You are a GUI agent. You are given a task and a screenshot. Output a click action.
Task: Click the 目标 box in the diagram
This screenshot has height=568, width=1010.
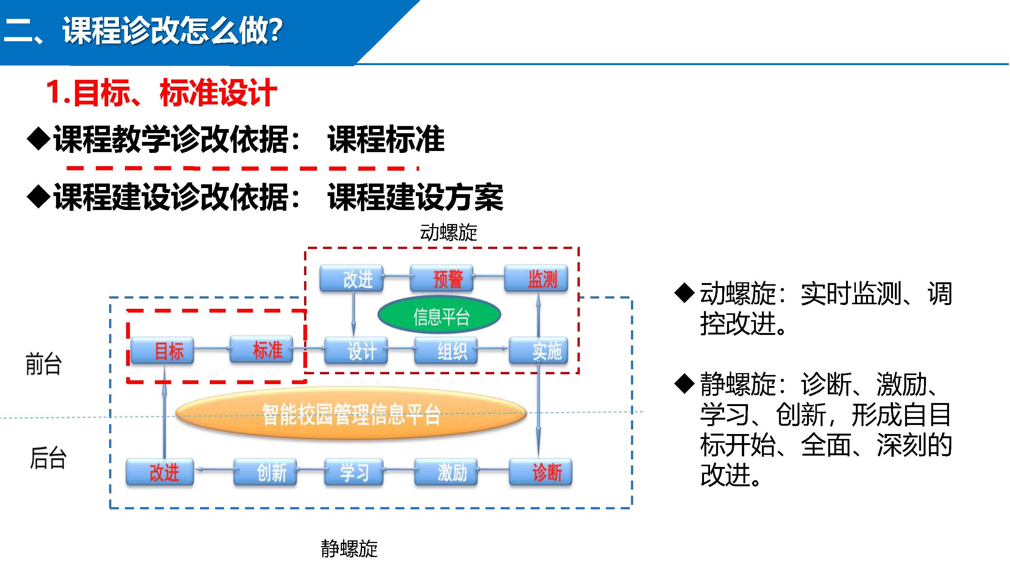(x=162, y=350)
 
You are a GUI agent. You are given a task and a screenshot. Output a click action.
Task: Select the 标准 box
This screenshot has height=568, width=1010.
(x=261, y=349)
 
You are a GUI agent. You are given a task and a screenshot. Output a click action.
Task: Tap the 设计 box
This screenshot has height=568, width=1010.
(x=356, y=350)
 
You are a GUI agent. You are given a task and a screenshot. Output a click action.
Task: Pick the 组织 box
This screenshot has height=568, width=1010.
(x=446, y=350)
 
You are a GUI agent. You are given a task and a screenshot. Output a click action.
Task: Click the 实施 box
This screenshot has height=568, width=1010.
(x=539, y=350)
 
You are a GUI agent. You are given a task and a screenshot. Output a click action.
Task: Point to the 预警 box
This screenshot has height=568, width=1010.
(x=442, y=279)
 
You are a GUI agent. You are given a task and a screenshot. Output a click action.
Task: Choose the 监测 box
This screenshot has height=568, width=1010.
(x=536, y=279)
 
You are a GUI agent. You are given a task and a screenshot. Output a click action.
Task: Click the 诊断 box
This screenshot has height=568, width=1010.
(x=541, y=472)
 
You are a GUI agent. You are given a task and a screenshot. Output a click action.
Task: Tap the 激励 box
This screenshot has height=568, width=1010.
(x=446, y=472)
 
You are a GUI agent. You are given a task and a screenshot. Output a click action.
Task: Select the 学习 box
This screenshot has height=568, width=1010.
(x=354, y=472)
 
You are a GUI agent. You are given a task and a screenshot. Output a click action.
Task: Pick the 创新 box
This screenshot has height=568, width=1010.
(x=265, y=472)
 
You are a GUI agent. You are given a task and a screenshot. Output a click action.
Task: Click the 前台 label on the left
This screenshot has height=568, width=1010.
(x=44, y=364)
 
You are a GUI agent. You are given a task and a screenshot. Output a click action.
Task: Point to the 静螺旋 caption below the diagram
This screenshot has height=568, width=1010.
(x=349, y=548)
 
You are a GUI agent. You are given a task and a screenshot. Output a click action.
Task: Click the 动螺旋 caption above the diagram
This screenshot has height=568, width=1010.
(x=448, y=233)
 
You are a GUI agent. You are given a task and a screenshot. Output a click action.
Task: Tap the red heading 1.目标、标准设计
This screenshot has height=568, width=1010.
(x=162, y=92)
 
